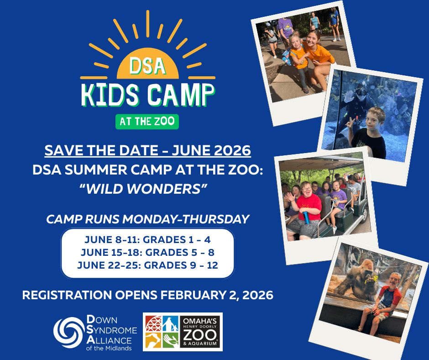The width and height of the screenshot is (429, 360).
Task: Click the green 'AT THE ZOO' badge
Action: point(147,122)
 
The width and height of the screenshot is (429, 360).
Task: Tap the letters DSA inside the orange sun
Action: point(148,66)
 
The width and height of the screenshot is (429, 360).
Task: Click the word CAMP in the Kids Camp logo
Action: point(181,95)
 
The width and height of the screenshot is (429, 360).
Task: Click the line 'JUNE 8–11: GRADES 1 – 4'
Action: point(147,240)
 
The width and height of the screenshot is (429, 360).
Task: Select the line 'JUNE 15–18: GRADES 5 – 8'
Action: point(147,252)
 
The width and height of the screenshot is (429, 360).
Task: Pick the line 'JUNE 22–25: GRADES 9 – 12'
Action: point(147,265)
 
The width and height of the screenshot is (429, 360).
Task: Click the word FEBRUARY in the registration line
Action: point(199,295)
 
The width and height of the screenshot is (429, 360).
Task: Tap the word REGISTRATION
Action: point(67,295)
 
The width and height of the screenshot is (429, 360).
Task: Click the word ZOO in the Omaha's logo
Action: point(200,335)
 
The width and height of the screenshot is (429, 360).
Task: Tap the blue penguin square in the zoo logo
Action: point(171,323)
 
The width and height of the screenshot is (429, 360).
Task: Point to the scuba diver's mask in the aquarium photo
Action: point(361,92)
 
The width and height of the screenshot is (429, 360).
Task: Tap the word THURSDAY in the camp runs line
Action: point(215,219)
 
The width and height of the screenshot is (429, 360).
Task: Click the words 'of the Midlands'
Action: point(109,349)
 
